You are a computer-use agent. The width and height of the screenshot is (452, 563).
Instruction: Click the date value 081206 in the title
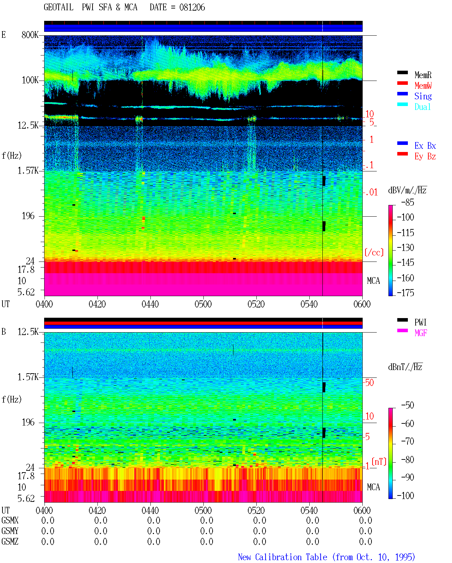(x=192, y=7)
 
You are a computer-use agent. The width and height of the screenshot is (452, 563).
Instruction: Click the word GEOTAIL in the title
(x=59, y=7)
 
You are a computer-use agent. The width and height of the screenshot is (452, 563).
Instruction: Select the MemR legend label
(x=423, y=75)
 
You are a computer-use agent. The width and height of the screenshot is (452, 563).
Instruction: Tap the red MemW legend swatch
(x=402, y=83)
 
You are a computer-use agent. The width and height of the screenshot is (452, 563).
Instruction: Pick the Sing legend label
(x=423, y=96)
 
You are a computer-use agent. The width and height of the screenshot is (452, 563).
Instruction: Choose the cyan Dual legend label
(x=422, y=107)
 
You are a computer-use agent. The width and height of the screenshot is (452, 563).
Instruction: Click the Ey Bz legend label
(x=425, y=157)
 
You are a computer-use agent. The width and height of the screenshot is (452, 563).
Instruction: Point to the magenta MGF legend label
(x=421, y=333)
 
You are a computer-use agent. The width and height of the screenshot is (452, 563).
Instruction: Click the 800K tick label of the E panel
(x=30, y=35)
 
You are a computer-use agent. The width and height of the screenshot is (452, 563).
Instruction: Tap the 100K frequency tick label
(x=30, y=80)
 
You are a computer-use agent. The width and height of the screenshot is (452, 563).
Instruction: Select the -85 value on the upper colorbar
(x=408, y=203)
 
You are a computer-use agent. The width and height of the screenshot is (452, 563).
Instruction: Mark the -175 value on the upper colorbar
(x=405, y=293)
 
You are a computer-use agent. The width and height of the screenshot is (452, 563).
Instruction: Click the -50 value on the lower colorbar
(x=408, y=405)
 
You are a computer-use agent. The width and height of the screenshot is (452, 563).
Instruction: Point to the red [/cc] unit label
(x=374, y=252)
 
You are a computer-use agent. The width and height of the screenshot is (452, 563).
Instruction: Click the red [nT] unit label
(x=379, y=462)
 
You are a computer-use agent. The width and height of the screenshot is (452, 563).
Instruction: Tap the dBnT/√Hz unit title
(x=405, y=367)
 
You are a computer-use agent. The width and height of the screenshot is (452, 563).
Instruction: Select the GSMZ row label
(x=10, y=541)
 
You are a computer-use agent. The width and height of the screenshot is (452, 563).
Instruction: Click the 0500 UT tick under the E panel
(x=203, y=304)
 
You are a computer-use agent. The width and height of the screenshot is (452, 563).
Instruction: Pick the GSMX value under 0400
(x=48, y=520)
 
